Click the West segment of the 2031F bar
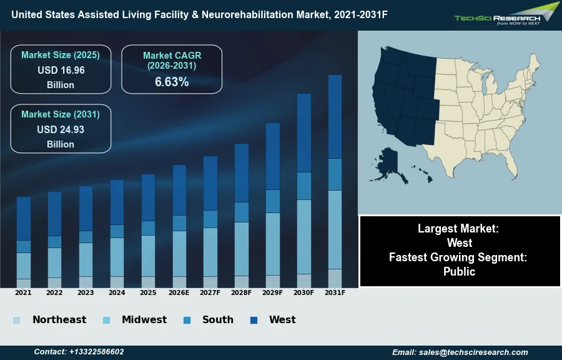point(335,116)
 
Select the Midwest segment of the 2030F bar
point(304,236)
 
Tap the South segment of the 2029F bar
point(273,201)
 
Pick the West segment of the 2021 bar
point(24,218)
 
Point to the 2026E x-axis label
point(179,292)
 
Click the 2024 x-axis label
point(117,292)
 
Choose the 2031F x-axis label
point(335,292)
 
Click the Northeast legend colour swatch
point(17,321)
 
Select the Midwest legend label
point(144,320)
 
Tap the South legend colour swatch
point(187,321)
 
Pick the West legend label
point(282,320)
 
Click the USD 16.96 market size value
point(61,70)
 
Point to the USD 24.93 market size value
point(61,129)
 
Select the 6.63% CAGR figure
point(172,82)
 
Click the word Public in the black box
point(460,271)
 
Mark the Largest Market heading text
point(460,229)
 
